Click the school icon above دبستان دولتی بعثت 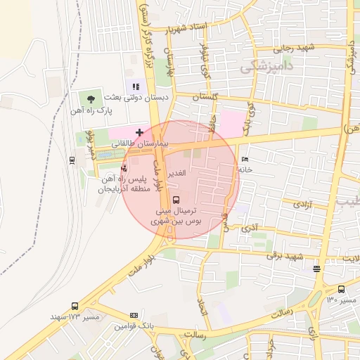(x=136, y=86)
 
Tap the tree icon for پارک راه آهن (x=91, y=99)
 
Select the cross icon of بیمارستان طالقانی (x=139, y=131)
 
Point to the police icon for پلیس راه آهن (x=124, y=168)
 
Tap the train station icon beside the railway (x=72, y=160)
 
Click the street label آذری (x=250, y=228)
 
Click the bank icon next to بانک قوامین (x=134, y=315)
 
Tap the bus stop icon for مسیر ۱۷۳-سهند (x=75, y=306)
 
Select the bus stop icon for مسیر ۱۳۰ (x=341, y=289)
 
